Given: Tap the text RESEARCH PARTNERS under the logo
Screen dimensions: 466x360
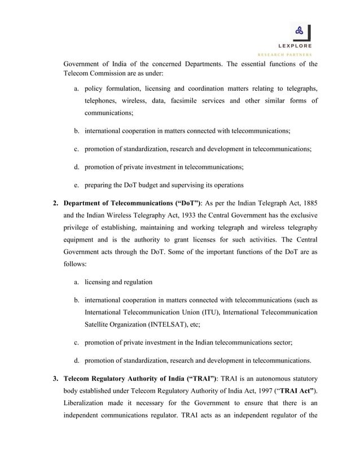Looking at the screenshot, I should pos(288,55).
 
